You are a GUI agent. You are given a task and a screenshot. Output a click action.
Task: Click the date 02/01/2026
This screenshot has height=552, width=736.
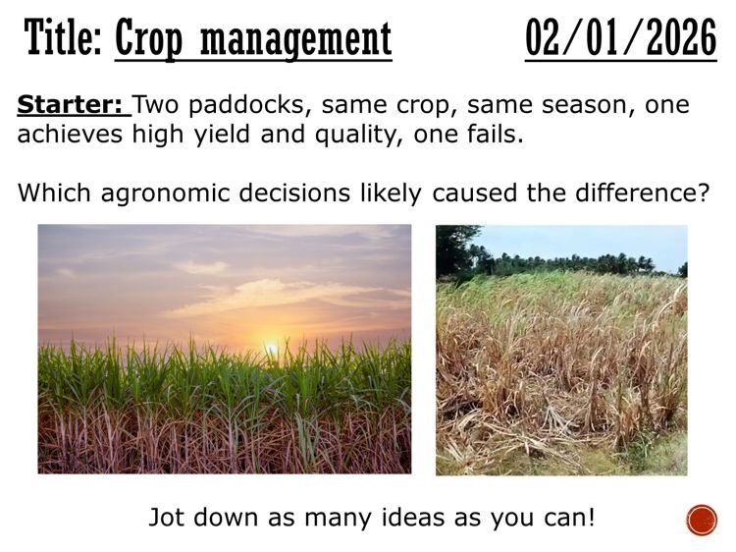(620, 39)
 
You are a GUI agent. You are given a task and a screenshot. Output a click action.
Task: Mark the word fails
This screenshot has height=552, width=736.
(494, 136)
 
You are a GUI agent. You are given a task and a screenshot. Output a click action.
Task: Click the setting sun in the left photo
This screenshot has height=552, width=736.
(272, 348)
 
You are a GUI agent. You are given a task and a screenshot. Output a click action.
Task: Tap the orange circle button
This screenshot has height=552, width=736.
(702, 520)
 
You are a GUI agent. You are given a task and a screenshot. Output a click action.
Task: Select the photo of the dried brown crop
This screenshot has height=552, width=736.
(561, 351)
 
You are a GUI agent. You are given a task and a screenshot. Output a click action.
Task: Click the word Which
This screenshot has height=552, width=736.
(55, 193)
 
